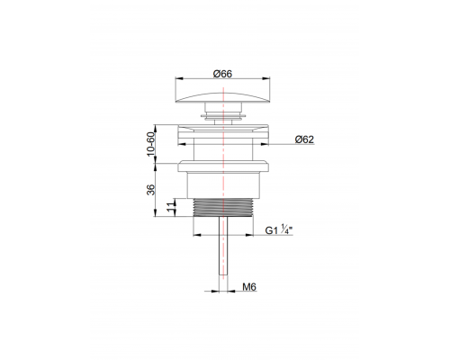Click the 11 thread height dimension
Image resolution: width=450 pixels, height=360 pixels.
coord(171,208)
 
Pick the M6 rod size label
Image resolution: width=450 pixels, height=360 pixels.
coord(252,288)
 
